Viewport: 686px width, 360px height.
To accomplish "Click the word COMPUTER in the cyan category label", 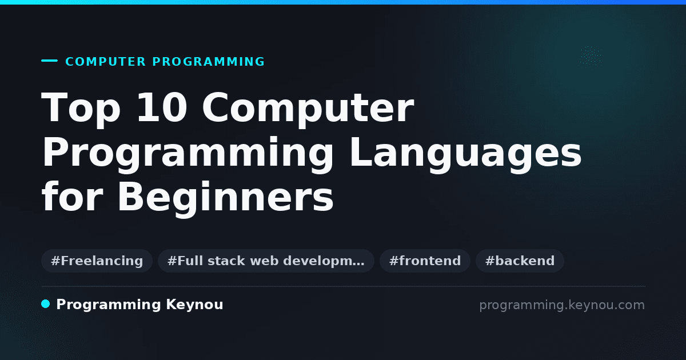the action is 105,62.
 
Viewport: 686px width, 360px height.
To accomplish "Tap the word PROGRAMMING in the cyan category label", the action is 208,62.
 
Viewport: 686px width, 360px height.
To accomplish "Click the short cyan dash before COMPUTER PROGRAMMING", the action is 49,61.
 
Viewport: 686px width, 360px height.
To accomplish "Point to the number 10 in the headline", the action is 162,107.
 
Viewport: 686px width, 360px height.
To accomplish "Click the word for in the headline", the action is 73,196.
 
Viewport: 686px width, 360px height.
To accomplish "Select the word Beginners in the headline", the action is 225,198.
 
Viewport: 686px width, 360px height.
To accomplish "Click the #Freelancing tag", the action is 97,261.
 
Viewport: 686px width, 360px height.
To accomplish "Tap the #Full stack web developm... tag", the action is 266,261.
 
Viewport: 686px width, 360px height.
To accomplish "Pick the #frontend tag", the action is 425,261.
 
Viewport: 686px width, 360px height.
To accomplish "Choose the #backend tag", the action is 520,261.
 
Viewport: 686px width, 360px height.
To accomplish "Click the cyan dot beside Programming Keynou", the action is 46,304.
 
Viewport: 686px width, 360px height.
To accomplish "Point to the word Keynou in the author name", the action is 194,305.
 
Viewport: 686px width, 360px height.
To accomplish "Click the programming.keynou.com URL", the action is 562,305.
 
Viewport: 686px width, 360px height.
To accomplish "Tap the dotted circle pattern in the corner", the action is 591,56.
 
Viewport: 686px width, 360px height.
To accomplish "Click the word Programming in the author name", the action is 109,305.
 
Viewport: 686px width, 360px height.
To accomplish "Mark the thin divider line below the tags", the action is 344,286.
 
